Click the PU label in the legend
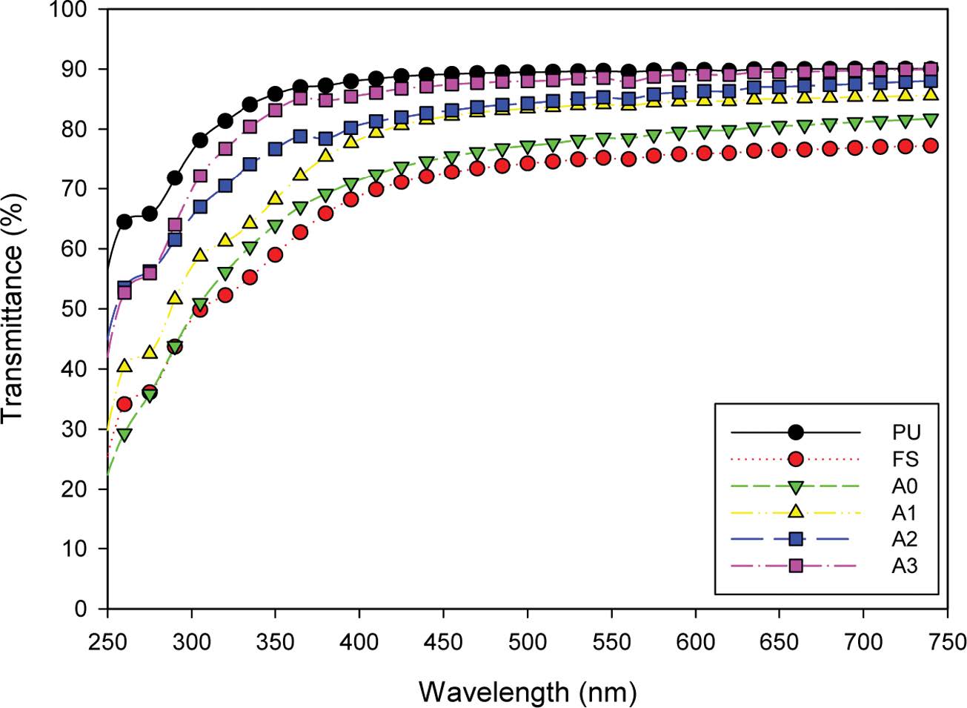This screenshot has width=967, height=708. tap(905, 431)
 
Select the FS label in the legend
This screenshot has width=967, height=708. tap(905, 459)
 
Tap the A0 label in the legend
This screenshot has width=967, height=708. tap(905, 486)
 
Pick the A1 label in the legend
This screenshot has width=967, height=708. tap(905, 512)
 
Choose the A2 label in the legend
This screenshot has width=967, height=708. tap(905, 539)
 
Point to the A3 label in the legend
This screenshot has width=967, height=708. tap(905, 566)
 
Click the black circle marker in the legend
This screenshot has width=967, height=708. tap(795, 431)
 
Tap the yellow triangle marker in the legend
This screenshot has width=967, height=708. tap(795, 512)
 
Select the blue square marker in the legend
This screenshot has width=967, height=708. tap(795, 539)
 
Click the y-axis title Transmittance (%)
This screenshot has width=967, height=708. tap(15, 308)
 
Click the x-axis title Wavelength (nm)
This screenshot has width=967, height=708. tap(528, 692)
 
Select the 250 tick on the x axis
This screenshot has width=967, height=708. tap(108, 641)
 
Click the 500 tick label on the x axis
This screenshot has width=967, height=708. tap(528, 641)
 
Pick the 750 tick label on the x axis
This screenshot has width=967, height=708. tap(947, 641)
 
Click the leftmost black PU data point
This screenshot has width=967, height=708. tap(124, 221)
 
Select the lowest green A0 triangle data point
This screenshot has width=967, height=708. tap(124, 434)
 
